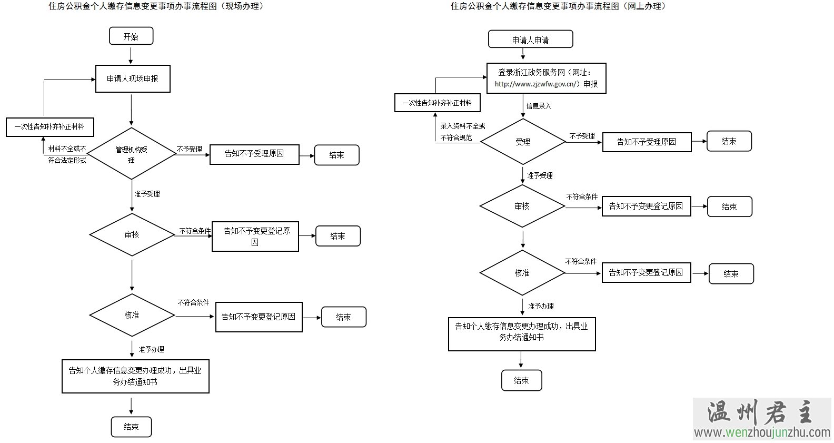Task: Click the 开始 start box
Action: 131,36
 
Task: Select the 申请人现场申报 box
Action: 133,78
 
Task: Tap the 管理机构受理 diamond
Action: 131,154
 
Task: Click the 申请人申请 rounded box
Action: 530,40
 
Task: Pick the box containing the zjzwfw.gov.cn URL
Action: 546,78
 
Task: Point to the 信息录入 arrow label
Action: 539,106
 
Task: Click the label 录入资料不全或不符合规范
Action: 462,132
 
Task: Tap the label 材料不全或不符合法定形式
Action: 67,154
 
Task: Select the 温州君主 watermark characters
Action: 761,412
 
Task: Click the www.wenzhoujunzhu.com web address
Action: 762,432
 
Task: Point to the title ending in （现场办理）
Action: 156,6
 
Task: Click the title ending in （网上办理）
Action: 560,6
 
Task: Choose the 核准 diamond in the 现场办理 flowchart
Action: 132,315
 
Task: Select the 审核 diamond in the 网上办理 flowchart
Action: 522,206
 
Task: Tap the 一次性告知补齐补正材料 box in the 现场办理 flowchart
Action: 49,127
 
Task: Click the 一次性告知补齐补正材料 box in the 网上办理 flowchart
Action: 437,103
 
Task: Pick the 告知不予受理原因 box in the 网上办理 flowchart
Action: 647,142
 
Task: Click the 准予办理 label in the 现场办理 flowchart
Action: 151,349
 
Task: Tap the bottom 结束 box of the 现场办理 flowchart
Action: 131,427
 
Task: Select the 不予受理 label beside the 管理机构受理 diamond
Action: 189,149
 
